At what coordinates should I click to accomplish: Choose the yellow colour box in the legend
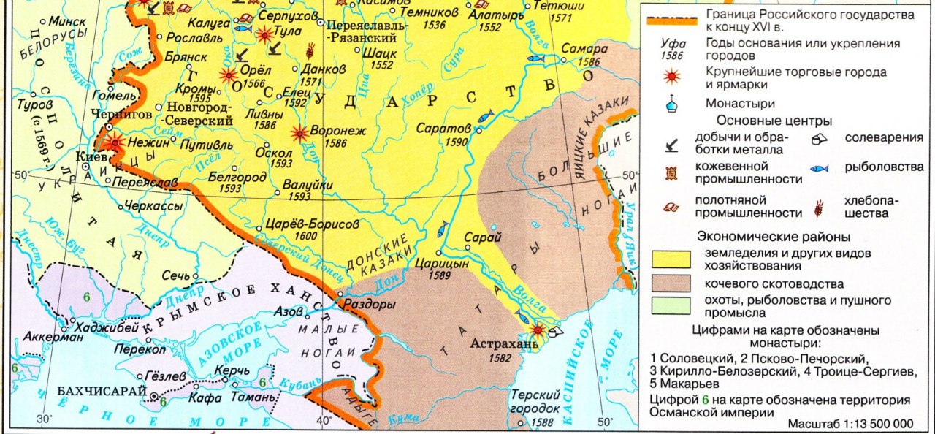pos(671,259)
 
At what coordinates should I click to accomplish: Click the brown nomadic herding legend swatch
pos(671,283)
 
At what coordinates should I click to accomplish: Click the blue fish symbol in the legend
pos(820,169)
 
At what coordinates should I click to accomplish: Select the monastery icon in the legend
pos(671,104)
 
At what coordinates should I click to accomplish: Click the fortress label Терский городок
pos(535,400)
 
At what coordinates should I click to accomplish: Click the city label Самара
pos(584,49)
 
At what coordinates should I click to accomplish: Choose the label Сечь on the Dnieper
pos(176,276)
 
